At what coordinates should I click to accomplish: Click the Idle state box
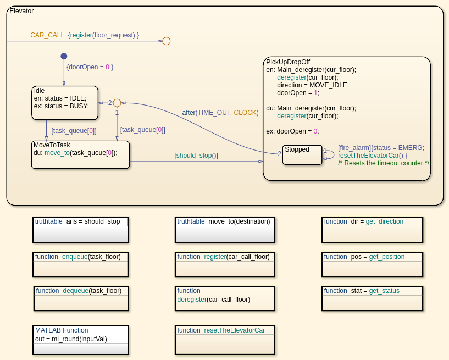65,102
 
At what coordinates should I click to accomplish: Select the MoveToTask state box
80,154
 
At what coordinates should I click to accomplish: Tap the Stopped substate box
302,154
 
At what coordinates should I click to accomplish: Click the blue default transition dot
64,56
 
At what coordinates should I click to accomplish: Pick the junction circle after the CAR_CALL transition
166,41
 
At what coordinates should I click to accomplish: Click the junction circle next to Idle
117,103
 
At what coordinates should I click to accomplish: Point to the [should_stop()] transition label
196,156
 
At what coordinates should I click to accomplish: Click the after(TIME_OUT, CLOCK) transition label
220,113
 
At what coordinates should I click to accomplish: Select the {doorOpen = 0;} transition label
90,67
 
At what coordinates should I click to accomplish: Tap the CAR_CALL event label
47,35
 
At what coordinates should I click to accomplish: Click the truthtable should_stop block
80,229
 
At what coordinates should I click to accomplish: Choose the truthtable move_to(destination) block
225,229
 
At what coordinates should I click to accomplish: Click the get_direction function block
372,229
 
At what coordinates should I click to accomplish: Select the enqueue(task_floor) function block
80,264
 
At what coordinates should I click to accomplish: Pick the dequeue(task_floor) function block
81,298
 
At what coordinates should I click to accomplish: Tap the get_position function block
372,264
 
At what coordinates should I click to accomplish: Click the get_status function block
372,298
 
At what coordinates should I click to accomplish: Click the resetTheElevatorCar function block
225,340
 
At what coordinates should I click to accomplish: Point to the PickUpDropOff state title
288,62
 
